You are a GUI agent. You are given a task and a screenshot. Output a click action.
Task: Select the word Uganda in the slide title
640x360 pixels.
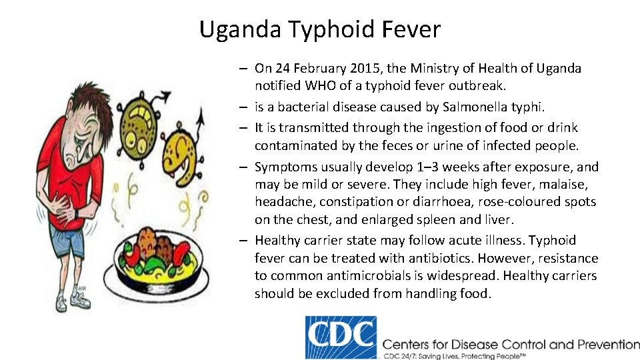click(241, 30)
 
